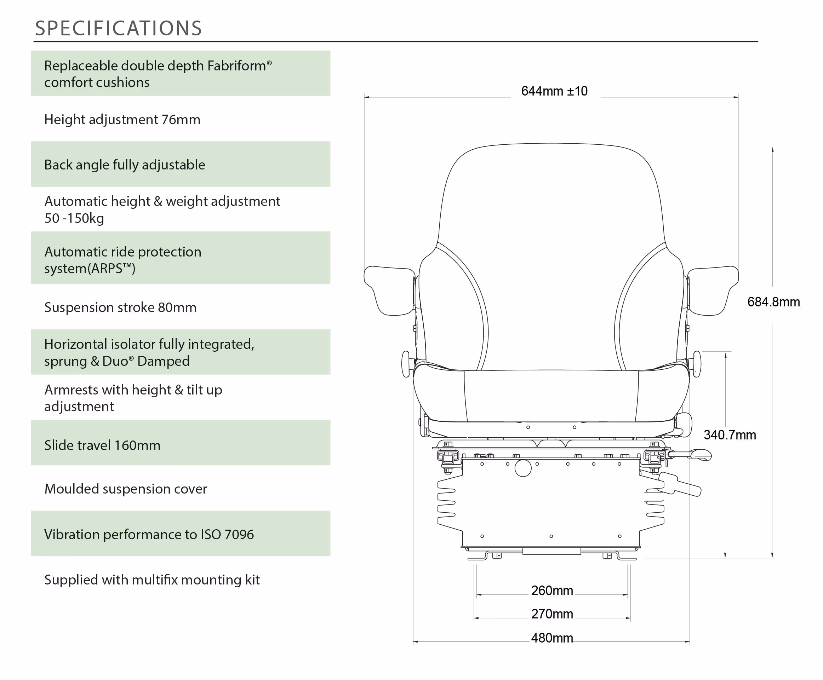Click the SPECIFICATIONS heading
click(x=118, y=28)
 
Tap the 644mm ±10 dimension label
click(x=554, y=91)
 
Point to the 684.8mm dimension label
click(x=773, y=302)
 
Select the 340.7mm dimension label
click(x=730, y=435)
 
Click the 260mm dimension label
click(x=552, y=590)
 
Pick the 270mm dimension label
click(x=552, y=614)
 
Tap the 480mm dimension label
click(x=552, y=638)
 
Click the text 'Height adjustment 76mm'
click(x=122, y=120)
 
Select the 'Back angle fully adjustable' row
click(x=181, y=164)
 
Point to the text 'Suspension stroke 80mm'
click(x=120, y=307)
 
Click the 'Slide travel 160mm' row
click(x=181, y=443)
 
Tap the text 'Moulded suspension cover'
click(x=125, y=489)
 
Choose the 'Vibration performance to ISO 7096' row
click(x=181, y=534)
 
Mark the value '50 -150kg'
click(x=74, y=218)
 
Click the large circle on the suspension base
click(x=523, y=468)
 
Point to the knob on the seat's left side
click(x=406, y=364)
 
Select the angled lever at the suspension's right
click(x=681, y=484)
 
